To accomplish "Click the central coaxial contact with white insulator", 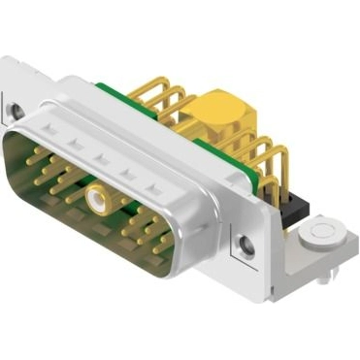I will (96, 201).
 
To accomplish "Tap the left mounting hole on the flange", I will (16, 110).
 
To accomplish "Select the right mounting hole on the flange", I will (247, 243).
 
